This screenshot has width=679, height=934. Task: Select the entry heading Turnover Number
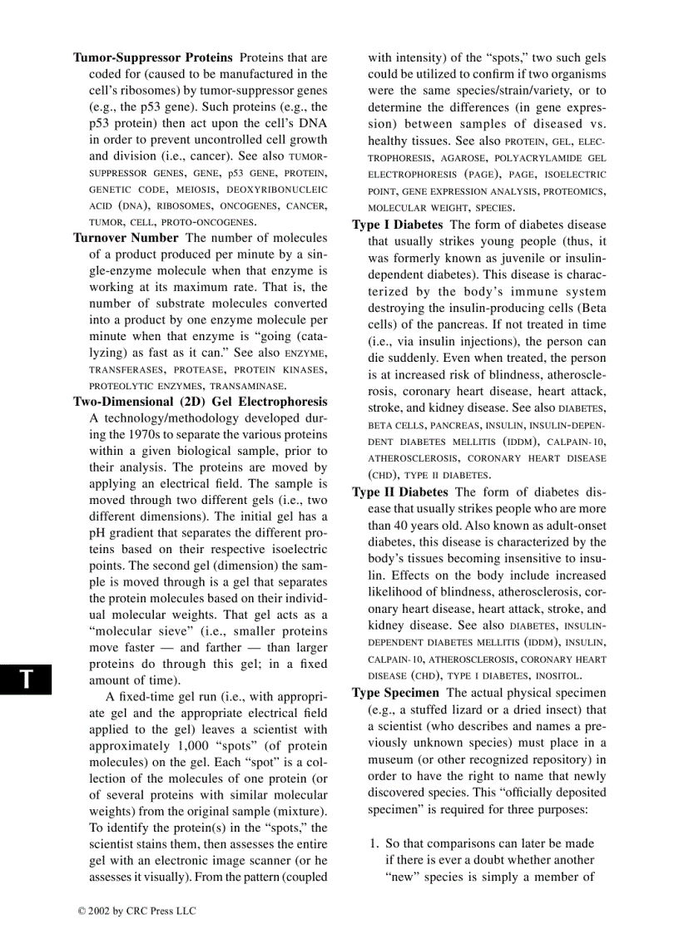click(126, 237)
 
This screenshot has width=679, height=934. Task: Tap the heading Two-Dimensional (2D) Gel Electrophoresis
click(200, 401)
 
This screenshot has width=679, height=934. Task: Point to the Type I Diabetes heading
click(397, 225)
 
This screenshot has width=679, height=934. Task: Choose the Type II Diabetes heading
click(399, 492)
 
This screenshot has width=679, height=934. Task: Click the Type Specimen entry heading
click(395, 692)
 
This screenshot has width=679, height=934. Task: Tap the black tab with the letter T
click(27, 679)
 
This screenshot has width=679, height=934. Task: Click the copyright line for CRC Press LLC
click(136, 911)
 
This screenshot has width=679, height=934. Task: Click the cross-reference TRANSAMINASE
click(247, 386)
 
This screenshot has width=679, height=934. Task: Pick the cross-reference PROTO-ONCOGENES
click(208, 222)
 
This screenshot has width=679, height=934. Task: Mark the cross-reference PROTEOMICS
click(576, 191)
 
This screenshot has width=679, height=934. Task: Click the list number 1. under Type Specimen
click(374, 843)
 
